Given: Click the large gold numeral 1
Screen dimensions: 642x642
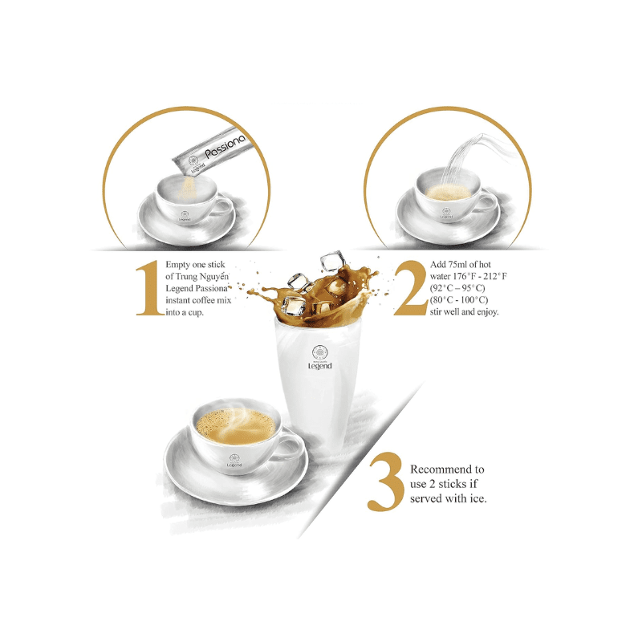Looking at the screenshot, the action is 150,288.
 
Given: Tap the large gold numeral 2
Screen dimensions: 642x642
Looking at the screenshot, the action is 410,288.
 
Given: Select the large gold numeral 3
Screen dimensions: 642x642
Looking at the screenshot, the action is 385,481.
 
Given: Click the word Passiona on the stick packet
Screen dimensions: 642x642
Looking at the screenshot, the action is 226,146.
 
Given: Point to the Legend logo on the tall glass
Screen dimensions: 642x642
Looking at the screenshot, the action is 319,357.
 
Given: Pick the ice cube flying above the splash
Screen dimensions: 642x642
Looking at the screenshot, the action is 332,261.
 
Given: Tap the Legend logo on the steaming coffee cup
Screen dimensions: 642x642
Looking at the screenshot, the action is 234,461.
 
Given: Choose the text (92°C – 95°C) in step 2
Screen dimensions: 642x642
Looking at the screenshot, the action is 457,288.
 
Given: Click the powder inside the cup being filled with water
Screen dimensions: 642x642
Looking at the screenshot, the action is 448,193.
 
